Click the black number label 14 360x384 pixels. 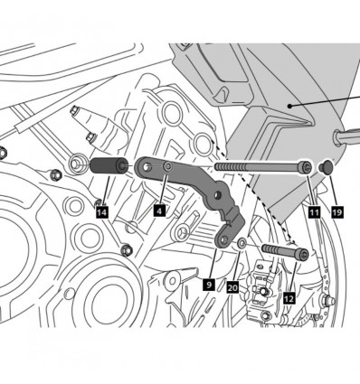click(101, 211)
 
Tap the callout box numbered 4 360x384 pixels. click(158, 210)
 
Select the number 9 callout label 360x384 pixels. click(208, 283)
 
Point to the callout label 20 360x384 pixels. click(232, 287)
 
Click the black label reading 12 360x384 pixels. click(289, 296)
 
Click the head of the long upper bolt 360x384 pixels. click(307, 168)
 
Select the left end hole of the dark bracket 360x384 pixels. click(144, 168)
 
